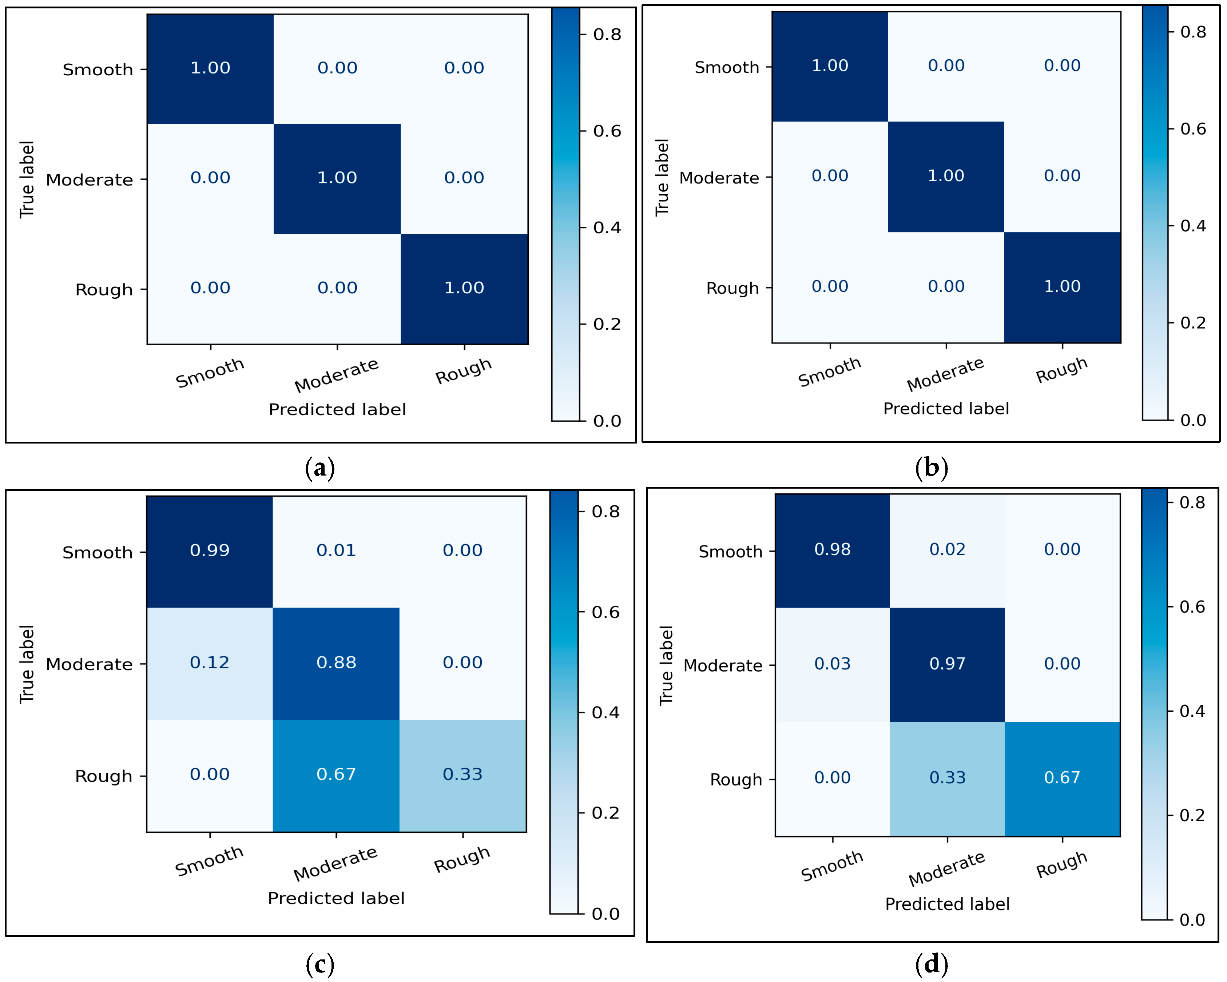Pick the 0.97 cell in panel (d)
947,664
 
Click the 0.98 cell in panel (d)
832,550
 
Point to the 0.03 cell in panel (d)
832,664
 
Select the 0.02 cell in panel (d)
947,550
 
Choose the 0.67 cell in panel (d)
1062,778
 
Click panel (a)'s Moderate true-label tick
90,180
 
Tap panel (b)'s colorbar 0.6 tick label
1193,129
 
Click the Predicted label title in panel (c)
336,898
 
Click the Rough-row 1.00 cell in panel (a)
464,288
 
